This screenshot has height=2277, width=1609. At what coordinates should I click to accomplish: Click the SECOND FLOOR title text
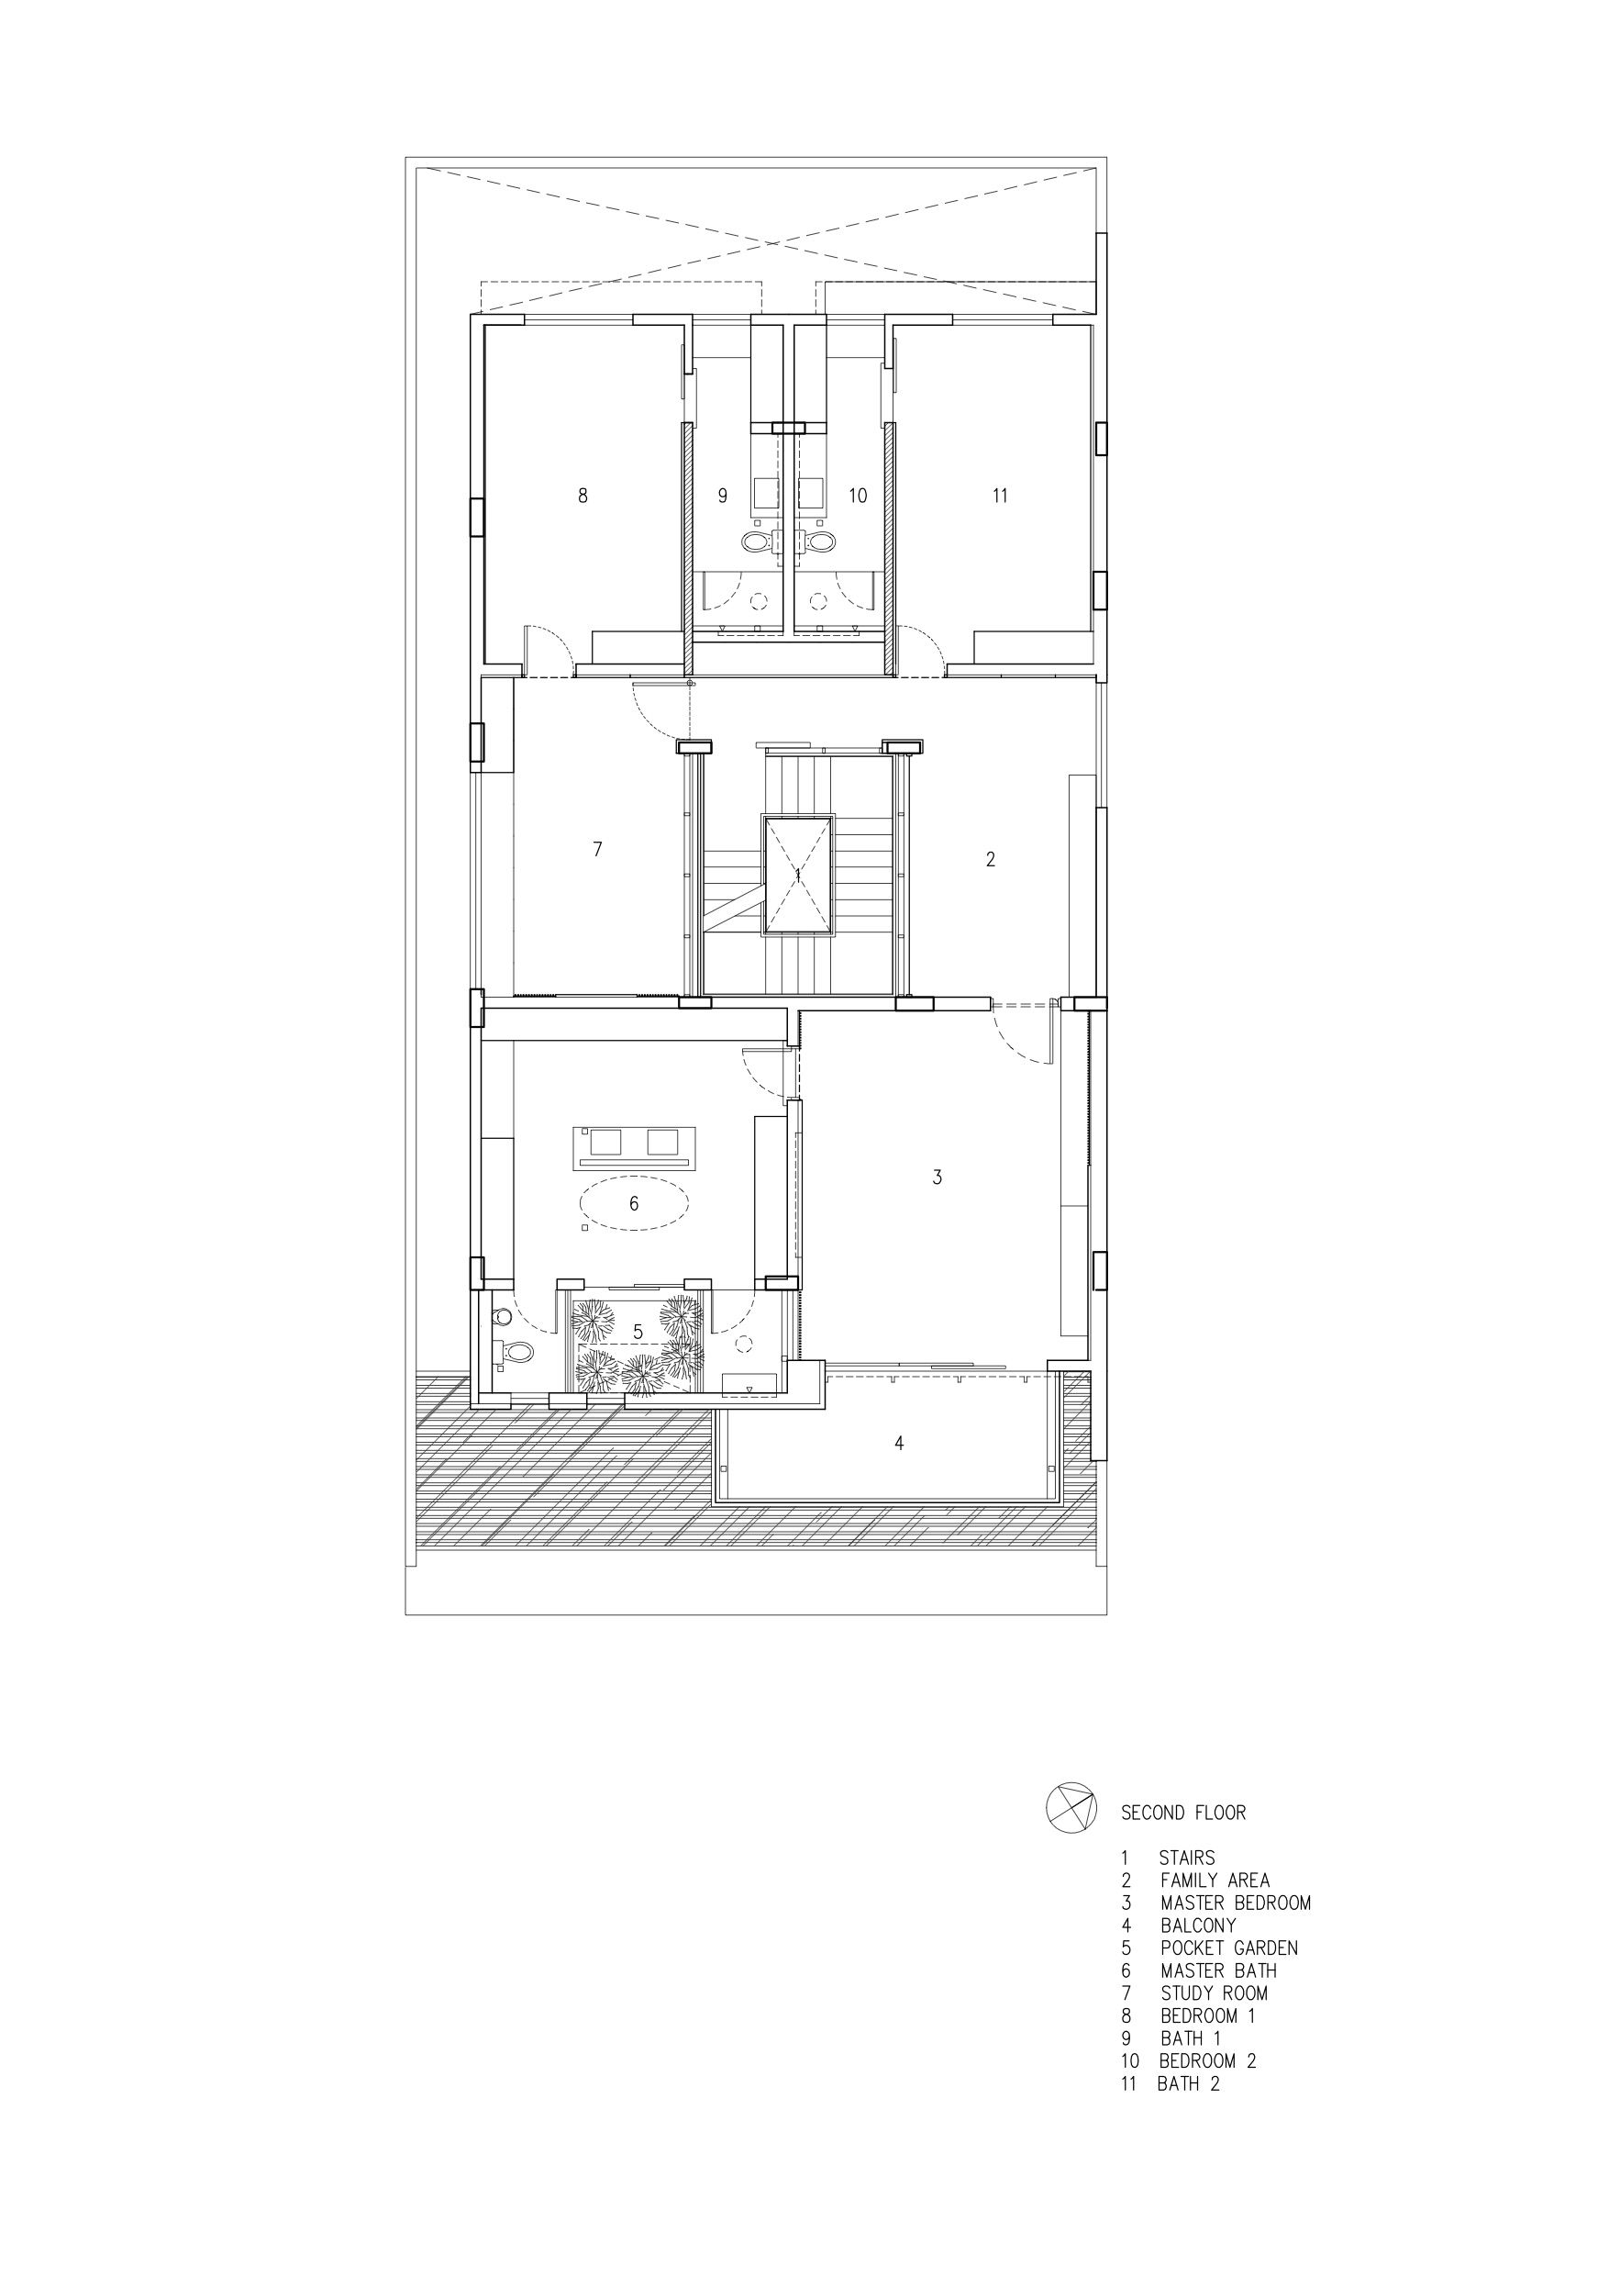1182,1813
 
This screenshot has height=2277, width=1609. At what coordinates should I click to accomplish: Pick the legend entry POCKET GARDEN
1229,1948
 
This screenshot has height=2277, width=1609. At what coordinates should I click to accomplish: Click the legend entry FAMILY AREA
1215,1881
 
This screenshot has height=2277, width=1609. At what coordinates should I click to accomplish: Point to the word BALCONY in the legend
1199,1925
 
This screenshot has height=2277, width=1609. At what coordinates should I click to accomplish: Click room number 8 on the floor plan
583,495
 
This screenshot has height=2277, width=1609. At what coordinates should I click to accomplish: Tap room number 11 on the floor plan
1000,495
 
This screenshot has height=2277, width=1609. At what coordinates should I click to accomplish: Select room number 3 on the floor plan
937,1178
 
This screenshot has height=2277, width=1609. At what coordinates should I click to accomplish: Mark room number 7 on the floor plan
597,849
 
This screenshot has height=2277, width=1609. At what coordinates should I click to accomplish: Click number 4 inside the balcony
899,1443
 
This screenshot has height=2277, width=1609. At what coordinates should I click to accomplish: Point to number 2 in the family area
991,860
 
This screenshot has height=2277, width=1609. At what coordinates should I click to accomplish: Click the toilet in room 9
757,541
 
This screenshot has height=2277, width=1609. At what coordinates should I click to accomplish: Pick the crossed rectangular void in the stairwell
798,875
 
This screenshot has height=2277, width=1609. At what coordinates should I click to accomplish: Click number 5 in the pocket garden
638,1332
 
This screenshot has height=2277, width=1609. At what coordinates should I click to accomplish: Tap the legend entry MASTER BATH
1218,1970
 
